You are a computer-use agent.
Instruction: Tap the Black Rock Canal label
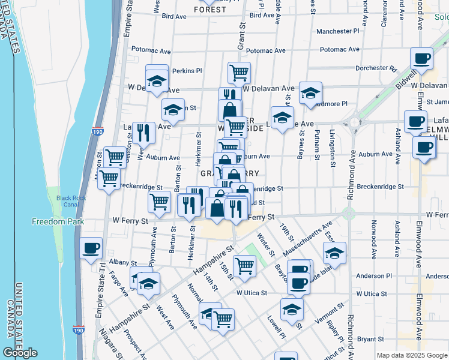(x=71, y=201)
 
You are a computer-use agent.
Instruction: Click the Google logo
(x=20, y=353)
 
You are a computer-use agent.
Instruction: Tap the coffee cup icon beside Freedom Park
(x=91, y=248)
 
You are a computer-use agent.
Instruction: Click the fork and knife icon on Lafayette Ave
(x=143, y=133)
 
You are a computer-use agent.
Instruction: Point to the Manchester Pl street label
(x=337, y=31)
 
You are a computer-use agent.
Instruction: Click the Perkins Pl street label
(x=187, y=71)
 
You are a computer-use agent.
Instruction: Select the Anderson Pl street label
(x=373, y=276)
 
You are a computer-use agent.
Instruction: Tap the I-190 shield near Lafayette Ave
(x=97, y=131)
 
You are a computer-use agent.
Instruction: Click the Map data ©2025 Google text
(x=411, y=355)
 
